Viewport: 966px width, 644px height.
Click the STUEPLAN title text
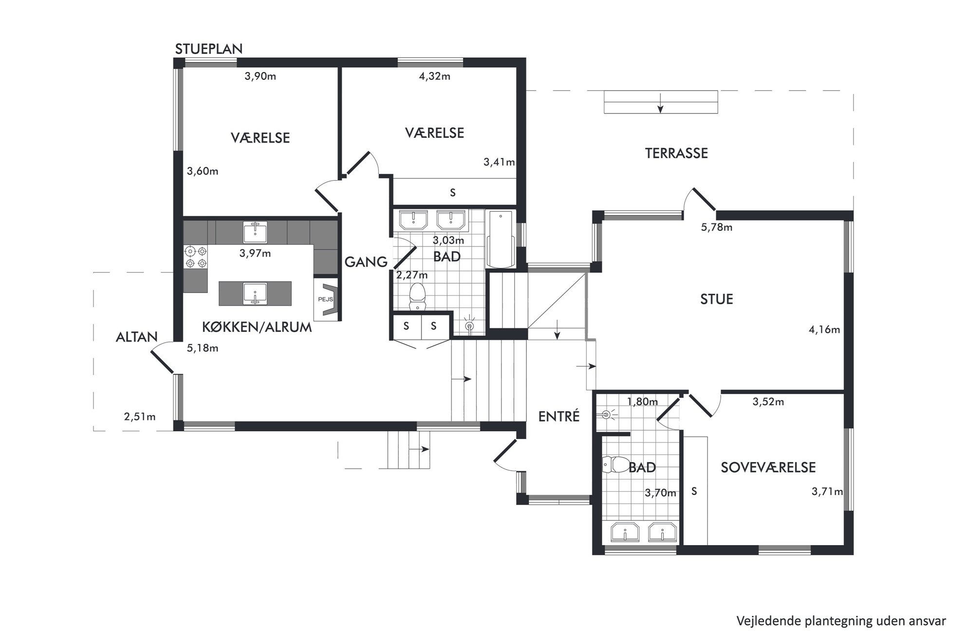click(209, 49)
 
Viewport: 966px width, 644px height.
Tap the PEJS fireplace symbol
click(326, 299)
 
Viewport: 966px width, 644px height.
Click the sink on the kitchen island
click(255, 294)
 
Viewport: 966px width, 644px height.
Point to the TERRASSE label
click(676, 153)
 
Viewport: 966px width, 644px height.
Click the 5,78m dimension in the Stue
click(717, 227)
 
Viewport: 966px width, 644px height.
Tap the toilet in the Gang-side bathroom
click(417, 297)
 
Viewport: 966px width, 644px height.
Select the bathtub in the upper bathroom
click(501, 239)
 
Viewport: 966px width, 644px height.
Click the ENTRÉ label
click(559, 416)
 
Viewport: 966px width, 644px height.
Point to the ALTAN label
click(137, 337)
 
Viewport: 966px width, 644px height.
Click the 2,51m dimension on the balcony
click(140, 417)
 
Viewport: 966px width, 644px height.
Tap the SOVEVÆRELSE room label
click(768, 467)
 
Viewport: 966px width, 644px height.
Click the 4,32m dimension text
click(435, 76)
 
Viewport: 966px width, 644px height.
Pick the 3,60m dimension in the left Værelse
click(203, 171)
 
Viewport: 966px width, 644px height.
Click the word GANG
click(366, 262)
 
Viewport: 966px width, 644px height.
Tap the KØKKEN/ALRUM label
click(257, 327)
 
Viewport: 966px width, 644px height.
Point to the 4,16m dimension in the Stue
click(824, 330)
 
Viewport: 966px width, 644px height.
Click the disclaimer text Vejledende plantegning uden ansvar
click(841, 621)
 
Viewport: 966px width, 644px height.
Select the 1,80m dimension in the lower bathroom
click(642, 402)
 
